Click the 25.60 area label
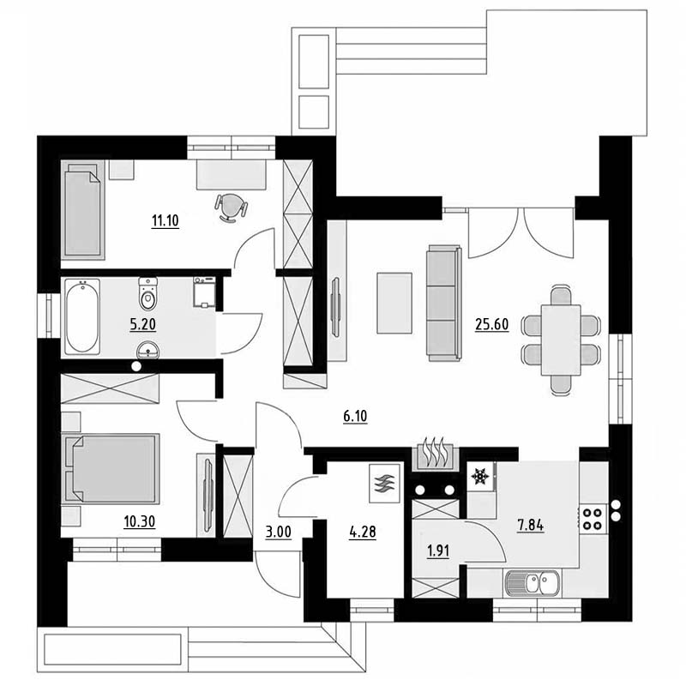coord(491,325)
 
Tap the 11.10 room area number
coord(165,221)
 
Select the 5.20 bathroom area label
coord(142,325)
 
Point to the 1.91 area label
coord(438,551)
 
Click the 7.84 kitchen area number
coord(531,525)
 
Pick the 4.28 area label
coord(363,533)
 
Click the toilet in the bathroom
coord(147,293)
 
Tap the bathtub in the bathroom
coord(82,316)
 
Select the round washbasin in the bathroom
coord(147,350)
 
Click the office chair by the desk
coord(231,208)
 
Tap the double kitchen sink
coord(532,583)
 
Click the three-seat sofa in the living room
coord(444,304)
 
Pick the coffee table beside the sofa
coord(394,304)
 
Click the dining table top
coord(561,340)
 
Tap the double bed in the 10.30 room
coord(111,468)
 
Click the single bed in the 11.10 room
coord(83,210)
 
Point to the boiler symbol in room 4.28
coord(384,483)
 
